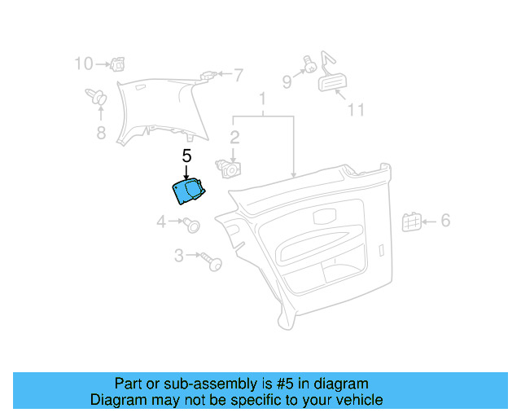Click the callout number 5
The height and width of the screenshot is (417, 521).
coord(186,155)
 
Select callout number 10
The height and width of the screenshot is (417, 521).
coord(84,63)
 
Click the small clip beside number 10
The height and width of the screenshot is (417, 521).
coord(116,63)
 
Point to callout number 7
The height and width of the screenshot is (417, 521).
coord(238,76)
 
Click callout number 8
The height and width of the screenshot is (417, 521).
coord(101,133)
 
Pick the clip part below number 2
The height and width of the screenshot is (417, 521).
coord(230,169)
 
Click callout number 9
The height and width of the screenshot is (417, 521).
coord(287,81)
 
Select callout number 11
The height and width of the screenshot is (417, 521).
coord(356,109)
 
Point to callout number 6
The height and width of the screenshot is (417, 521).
coord(445,220)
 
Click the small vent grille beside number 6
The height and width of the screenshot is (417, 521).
coord(411,220)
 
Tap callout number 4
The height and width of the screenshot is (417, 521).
coord(161,221)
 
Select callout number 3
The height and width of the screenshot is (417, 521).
coord(179,256)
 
